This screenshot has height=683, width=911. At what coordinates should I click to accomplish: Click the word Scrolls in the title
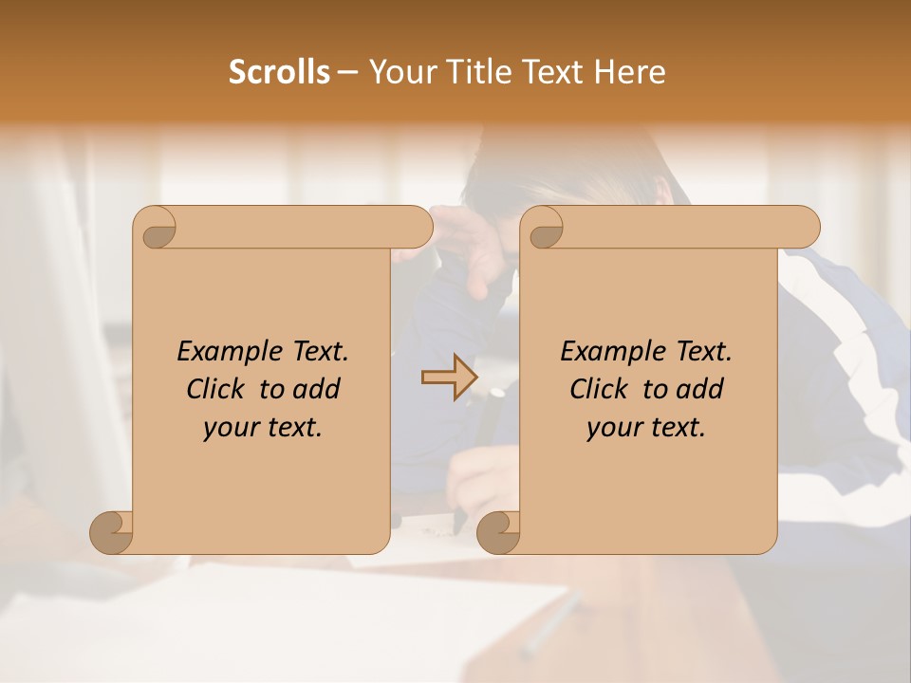coord(279,72)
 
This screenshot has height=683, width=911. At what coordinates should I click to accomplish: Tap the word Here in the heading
coord(629,72)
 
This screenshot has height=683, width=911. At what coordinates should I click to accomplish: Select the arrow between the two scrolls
coord(449,378)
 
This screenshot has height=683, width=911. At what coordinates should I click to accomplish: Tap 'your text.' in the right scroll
coord(646,428)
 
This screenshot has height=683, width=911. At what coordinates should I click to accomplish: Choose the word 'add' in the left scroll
coord(318,389)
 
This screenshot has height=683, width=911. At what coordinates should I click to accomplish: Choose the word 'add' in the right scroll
coord(701,389)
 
